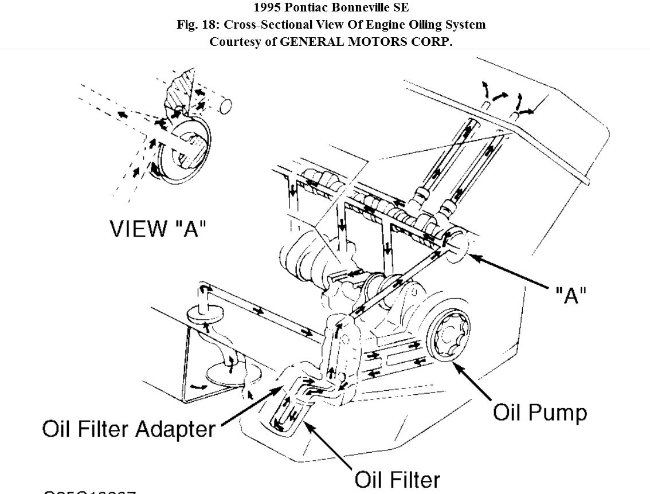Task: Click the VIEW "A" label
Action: pyautogui.click(x=158, y=228)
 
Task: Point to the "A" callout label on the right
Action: pyautogui.click(x=571, y=295)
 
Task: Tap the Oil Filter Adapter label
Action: pyautogui.click(x=129, y=429)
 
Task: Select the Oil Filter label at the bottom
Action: pyautogui.click(x=397, y=479)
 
